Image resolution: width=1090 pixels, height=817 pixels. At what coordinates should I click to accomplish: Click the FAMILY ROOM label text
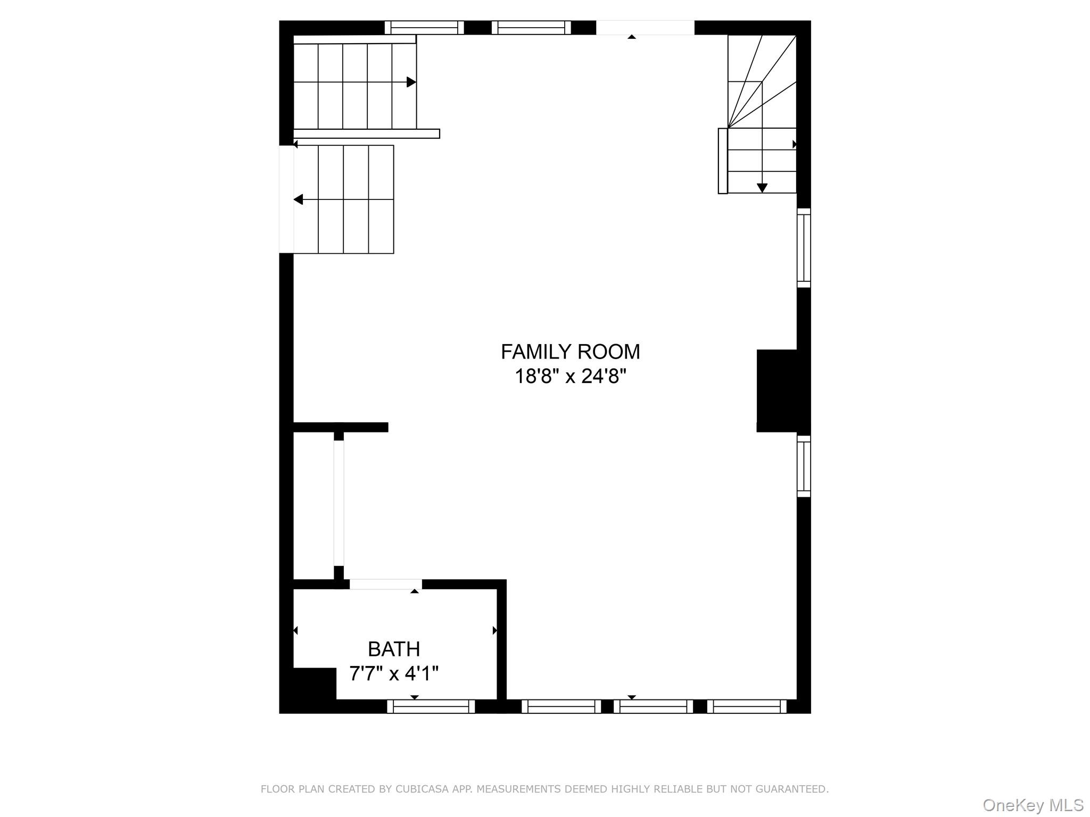pyautogui.click(x=570, y=352)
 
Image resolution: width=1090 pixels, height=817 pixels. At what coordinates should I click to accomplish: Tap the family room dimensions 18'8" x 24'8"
pyautogui.click(x=570, y=377)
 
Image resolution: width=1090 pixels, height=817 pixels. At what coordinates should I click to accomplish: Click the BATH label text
pyautogui.click(x=394, y=649)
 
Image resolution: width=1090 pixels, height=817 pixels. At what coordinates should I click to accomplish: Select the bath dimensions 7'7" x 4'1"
pyautogui.click(x=394, y=674)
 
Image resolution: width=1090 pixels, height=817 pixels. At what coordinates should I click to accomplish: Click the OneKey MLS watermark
pyautogui.click(x=1033, y=805)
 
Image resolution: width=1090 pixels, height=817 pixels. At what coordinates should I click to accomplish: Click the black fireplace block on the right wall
pyautogui.click(x=777, y=391)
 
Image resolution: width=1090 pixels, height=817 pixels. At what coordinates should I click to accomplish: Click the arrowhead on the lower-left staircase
pyautogui.click(x=299, y=199)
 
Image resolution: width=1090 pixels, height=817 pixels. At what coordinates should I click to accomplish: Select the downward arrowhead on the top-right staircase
pyautogui.click(x=762, y=188)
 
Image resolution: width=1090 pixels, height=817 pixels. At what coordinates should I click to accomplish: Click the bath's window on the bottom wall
pyautogui.click(x=431, y=706)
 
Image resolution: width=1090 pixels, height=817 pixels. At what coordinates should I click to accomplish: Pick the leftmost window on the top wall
pyautogui.click(x=424, y=28)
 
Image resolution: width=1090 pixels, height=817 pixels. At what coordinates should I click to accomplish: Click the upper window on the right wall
pyautogui.click(x=804, y=248)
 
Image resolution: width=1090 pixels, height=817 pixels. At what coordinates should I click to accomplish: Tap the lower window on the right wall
pyautogui.click(x=804, y=466)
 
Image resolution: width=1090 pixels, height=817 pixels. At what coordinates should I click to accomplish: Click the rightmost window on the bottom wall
pyautogui.click(x=747, y=706)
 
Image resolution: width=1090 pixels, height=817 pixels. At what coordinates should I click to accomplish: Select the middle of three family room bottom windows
pyautogui.click(x=653, y=706)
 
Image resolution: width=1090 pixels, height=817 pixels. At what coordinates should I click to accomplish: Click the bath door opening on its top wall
pyautogui.click(x=385, y=584)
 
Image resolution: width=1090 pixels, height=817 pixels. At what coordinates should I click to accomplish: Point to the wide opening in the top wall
pyautogui.click(x=645, y=28)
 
